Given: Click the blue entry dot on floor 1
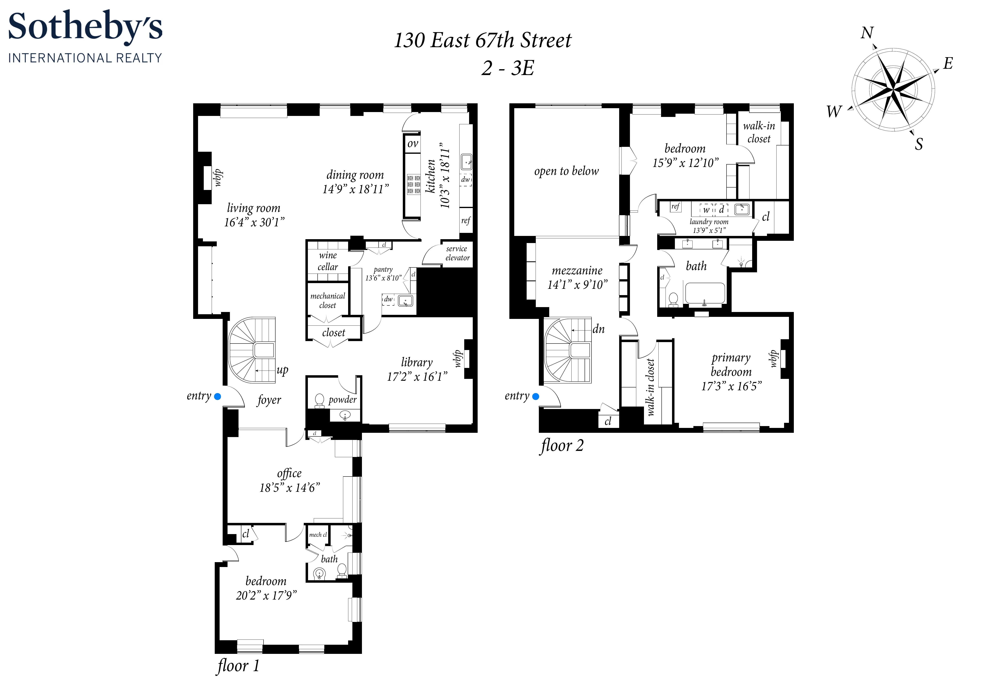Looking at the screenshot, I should (x=218, y=397).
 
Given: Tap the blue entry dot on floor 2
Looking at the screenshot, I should (x=536, y=397).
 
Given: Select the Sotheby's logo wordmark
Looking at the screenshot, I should (x=85, y=27).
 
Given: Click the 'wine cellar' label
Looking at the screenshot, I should (x=328, y=261).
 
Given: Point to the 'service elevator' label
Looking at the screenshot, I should (x=457, y=253).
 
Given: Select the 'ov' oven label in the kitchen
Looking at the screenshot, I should (x=413, y=144).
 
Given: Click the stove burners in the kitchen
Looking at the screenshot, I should (x=414, y=184).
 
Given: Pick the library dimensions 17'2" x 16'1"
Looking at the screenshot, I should (x=417, y=377).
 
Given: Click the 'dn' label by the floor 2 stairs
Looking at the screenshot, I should (x=598, y=329).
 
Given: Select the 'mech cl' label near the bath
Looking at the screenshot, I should (x=318, y=534).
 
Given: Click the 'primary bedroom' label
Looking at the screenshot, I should (x=731, y=365).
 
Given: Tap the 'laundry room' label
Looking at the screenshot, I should (x=709, y=222).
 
